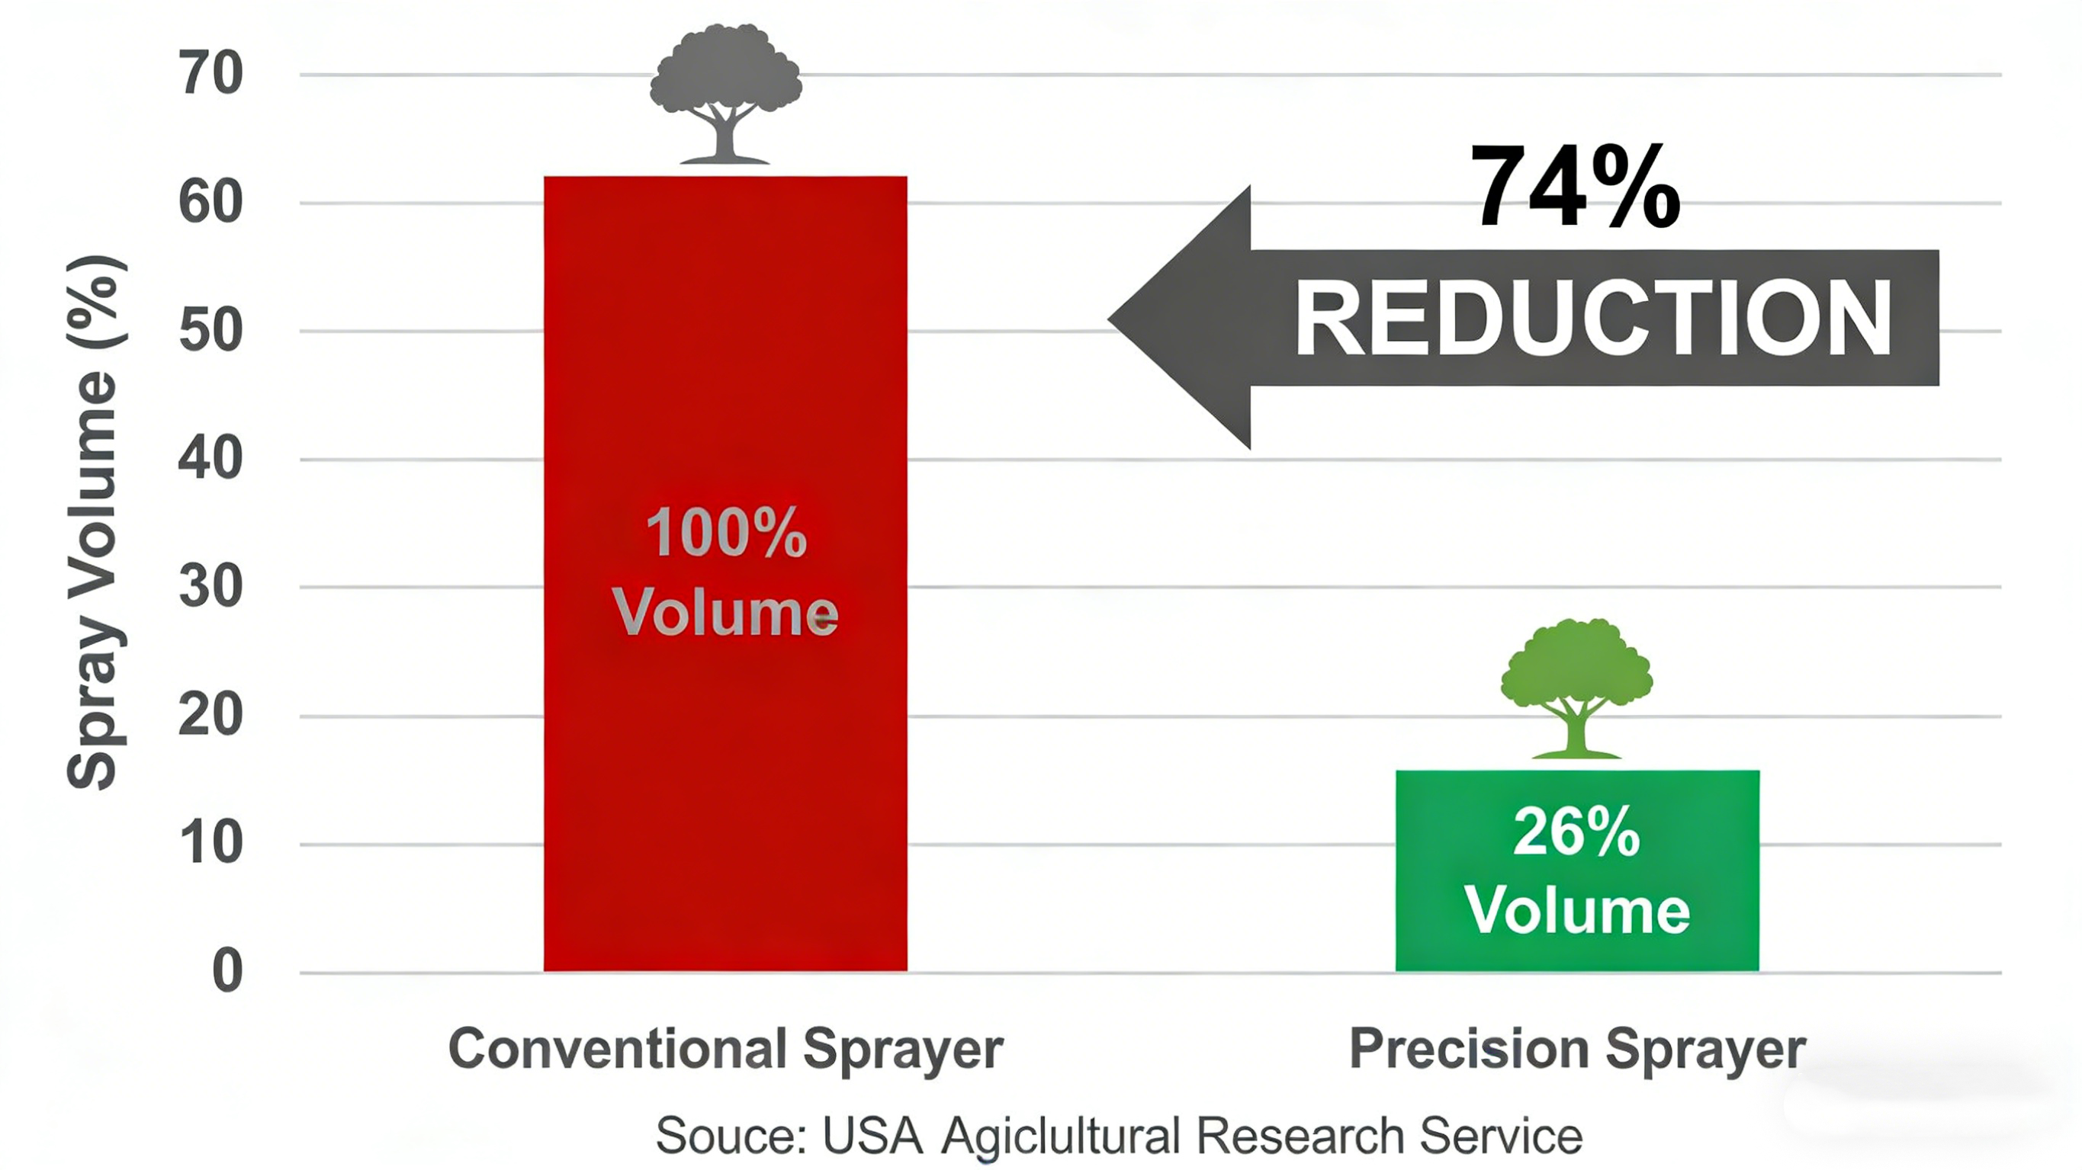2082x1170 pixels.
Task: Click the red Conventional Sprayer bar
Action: point(725,574)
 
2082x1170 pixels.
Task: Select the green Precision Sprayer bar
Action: point(1577,870)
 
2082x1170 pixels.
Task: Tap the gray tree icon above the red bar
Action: point(725,94)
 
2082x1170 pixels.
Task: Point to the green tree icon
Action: point(1576,688)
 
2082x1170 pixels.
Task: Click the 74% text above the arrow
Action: point(1574,187)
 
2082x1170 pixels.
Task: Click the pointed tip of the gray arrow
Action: point(1109,319)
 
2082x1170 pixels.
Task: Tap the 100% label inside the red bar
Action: point(726,533)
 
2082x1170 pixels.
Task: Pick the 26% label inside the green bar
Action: point(1577,832)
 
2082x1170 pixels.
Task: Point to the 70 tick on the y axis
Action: point(210,73)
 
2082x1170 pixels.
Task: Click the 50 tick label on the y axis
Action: point(210,331)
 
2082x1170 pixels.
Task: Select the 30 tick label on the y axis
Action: point(210,587)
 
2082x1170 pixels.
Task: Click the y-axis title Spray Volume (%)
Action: point(95,522)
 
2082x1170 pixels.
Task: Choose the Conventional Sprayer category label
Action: point(726,1049)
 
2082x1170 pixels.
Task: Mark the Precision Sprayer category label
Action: point(1578,1049)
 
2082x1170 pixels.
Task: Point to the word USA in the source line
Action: point(873,1135)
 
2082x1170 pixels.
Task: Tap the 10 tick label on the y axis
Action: point(210,843)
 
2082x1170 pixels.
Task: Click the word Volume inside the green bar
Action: point(1578,911)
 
